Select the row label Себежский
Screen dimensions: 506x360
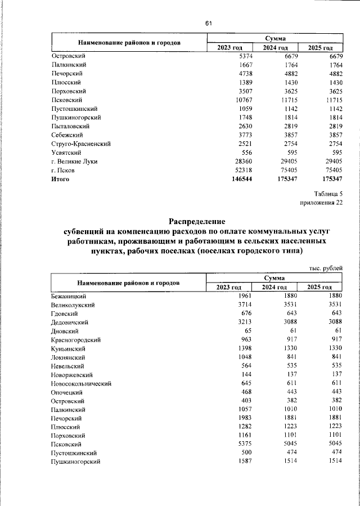click(67, 135)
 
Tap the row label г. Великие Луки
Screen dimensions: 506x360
click(74, 162)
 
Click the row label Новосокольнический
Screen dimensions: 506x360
click(81, 383)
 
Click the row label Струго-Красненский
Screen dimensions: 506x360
click(80, 144)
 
